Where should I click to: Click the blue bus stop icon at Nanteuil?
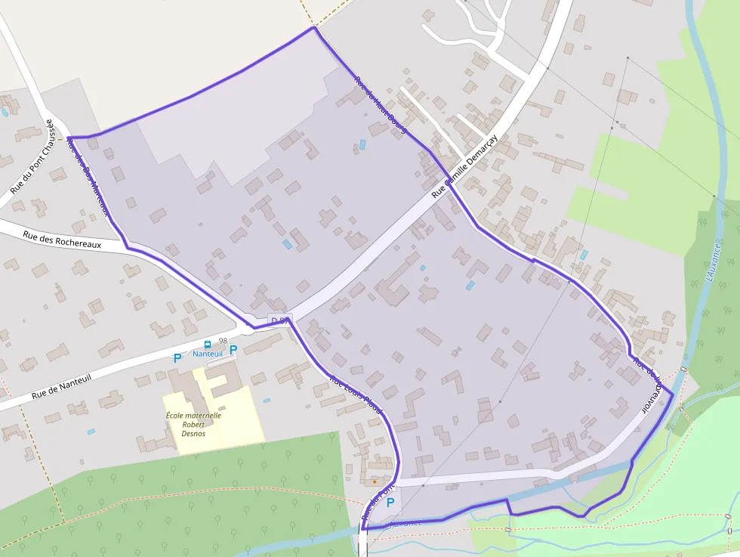(208, 345)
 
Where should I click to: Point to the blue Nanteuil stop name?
(208, 354)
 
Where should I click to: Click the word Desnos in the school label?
(193, 434)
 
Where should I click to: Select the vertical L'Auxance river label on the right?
(713, 261)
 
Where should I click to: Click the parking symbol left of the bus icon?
(177, 358)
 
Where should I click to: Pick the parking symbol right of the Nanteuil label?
(233, 350)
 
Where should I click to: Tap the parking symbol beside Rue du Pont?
(390, 502)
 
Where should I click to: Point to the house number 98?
(223, 342)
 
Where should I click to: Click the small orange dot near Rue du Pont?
(375, 481)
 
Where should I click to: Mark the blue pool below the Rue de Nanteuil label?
(91, 432)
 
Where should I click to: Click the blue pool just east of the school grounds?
(267, 400)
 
